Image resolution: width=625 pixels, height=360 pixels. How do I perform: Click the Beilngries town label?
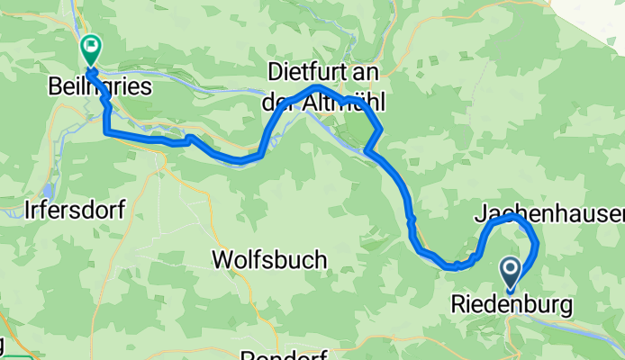pos(99,87)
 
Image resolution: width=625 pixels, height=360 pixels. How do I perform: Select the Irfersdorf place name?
pos(74,210)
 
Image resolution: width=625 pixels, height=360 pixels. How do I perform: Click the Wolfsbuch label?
pos(269,260)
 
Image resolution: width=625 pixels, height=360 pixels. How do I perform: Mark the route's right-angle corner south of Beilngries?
pos(107,132)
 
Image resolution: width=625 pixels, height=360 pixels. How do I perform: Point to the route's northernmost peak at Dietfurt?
pos(318,88)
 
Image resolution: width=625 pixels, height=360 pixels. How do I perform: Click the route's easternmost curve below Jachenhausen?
pos(537,242)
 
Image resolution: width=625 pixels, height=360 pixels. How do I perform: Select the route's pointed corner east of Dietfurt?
pos(382,130)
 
